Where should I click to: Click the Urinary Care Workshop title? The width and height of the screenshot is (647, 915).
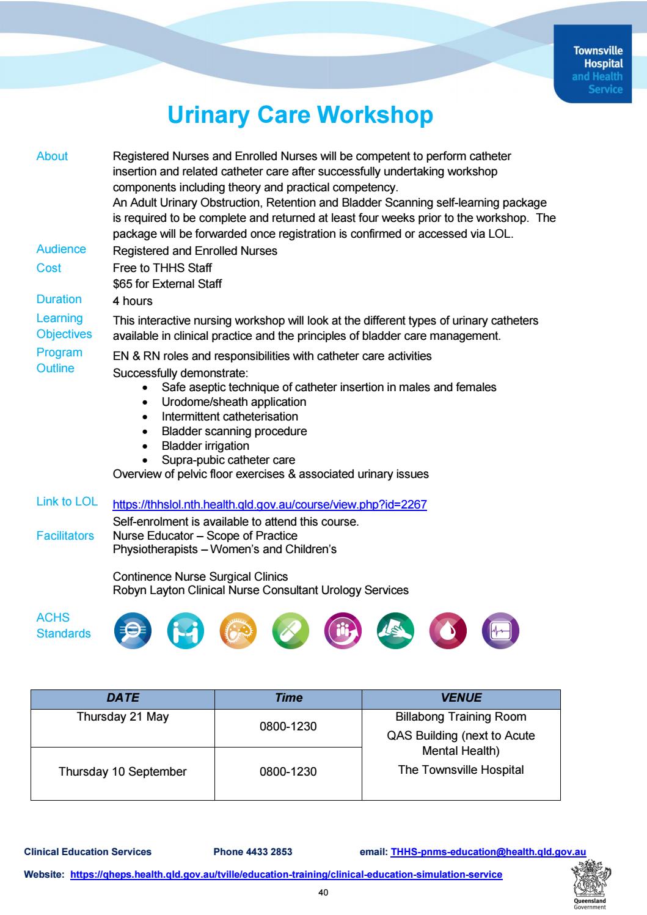click(x=300, y=116)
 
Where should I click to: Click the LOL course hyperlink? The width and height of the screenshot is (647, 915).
click(x=269, y=505)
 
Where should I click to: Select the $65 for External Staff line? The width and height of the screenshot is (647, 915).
click(x=167, y=284)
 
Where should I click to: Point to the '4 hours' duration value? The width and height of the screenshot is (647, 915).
click(x=133, y=301)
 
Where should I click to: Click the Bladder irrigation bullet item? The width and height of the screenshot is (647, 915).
click(x=205, y=446)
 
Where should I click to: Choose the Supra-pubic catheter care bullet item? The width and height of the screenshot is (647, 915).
click(x=228, y=460)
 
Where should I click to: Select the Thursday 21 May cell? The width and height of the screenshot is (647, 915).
click(x=123, y=717)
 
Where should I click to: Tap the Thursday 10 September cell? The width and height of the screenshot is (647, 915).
click(x=123, y=771)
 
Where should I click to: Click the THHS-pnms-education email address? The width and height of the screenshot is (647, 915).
click(x=488, y=851)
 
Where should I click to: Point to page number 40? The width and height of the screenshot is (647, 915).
click(x=323, y=893)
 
